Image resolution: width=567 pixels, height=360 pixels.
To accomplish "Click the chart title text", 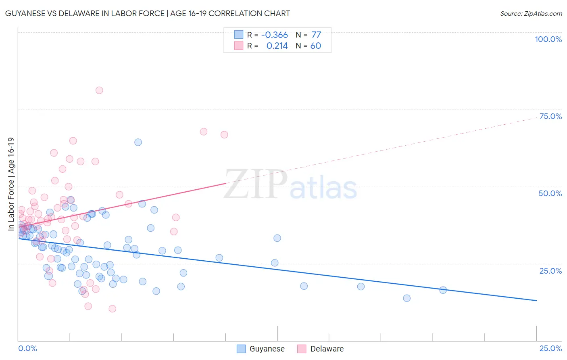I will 147,13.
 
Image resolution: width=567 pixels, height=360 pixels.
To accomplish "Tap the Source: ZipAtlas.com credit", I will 531,13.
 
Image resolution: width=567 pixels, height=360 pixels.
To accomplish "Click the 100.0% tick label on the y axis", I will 548,39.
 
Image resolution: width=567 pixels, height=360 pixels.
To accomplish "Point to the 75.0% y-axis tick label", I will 550,116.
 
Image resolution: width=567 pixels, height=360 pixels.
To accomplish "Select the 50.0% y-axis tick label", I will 550,193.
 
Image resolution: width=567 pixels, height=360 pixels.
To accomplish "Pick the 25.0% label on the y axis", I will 550,271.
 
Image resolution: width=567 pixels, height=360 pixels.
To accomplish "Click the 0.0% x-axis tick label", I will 27,348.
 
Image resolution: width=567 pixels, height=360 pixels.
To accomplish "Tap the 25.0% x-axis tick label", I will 550,348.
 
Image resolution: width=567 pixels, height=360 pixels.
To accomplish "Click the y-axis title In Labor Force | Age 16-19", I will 11,184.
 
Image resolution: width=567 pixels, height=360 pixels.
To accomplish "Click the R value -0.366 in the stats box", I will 274,35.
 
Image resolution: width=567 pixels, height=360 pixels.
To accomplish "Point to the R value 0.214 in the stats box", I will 277,46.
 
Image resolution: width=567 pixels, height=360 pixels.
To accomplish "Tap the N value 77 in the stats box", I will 316,35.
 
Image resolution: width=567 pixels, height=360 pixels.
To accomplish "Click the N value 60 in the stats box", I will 316,46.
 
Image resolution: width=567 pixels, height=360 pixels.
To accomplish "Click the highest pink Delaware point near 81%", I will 99,90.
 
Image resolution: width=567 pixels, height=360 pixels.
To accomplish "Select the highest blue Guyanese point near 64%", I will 138,142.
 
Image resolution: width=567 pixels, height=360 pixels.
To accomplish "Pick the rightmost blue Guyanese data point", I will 443,290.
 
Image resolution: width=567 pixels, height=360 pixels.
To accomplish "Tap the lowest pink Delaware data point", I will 113,309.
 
